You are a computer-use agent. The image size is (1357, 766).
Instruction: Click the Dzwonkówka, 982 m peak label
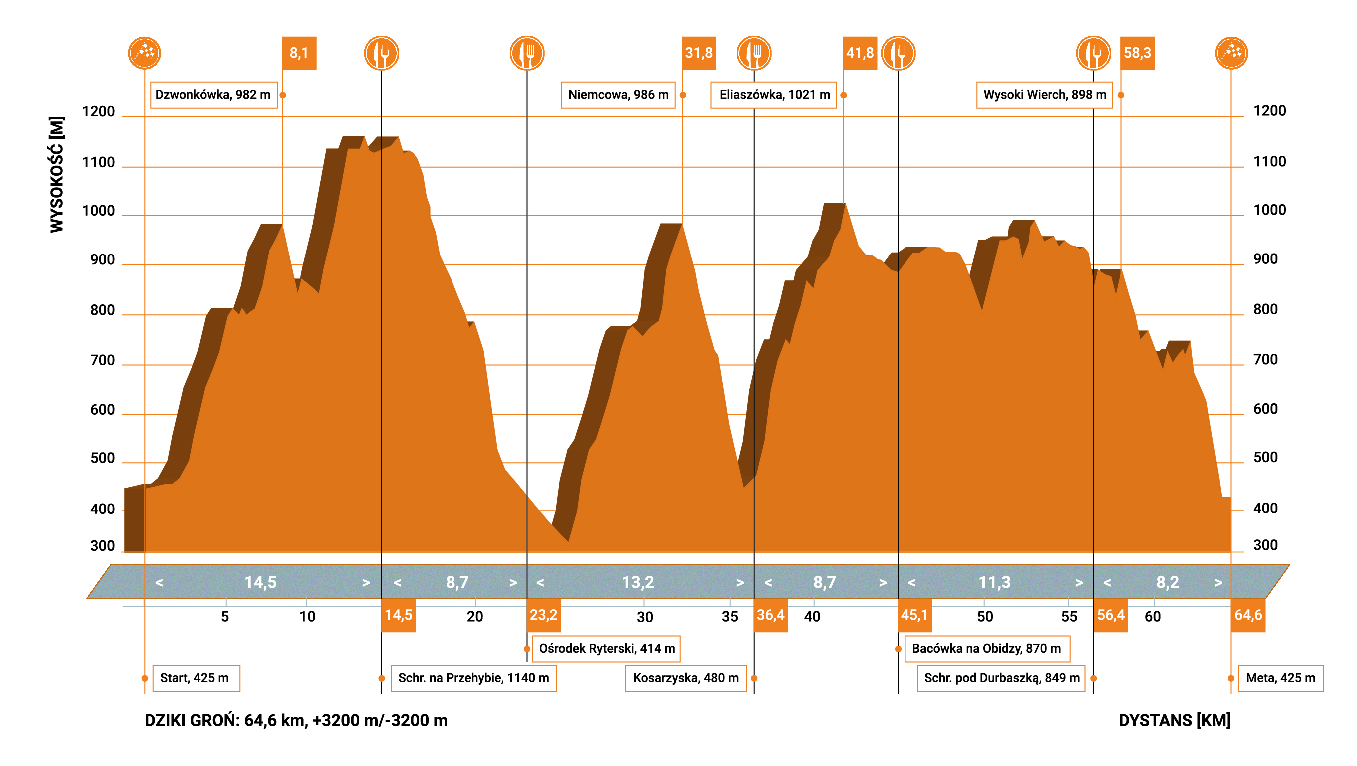point(213,95)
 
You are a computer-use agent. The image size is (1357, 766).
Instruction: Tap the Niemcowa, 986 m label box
point(618,95)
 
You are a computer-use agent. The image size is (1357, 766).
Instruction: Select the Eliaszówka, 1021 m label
point(773,95)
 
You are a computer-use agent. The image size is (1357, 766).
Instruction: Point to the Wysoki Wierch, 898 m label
point(1044,95)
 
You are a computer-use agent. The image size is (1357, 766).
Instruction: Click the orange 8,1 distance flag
point(299,53)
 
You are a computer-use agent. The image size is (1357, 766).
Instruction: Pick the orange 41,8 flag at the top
point(859,53)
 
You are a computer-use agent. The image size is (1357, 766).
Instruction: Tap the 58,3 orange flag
point(1137,53)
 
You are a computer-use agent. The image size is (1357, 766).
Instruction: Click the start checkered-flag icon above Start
point(144,53)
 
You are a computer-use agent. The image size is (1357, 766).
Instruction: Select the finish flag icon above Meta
point(1231,53)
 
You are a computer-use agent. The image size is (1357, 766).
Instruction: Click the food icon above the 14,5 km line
point(382,53)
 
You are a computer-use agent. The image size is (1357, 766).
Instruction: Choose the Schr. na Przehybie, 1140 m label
point(473,678)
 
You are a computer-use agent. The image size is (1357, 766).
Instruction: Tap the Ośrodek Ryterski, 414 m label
point(606,648)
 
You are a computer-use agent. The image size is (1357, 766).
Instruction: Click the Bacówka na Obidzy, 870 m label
point(986,648)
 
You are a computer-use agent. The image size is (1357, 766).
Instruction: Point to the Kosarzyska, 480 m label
point(685,678)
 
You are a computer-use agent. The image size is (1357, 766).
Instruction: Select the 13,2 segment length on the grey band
point(638,582)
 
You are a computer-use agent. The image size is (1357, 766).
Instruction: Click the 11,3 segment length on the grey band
point(994,582)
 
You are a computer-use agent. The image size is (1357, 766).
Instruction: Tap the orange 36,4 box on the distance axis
point(770,615)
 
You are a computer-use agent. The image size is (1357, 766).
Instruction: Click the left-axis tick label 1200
point(98,112)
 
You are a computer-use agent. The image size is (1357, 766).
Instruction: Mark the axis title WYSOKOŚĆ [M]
point(57,174)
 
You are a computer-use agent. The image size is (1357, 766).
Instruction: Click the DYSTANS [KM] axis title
point(1174,720)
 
